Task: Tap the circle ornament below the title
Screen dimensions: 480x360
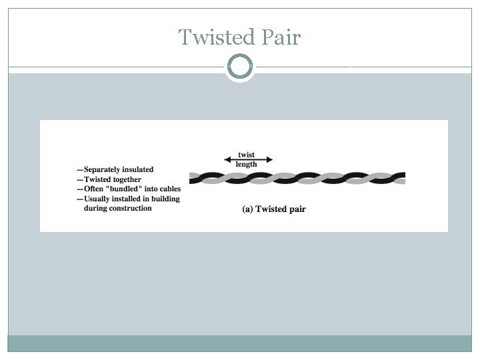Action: (240, 67)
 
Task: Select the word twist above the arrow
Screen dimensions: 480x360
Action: (247, 155)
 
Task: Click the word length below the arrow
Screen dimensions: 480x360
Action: (247, 165)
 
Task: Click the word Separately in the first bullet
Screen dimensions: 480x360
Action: (102, 170)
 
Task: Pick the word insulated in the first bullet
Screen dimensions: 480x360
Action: (138, 170)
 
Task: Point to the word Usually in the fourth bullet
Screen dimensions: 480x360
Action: (98, 199)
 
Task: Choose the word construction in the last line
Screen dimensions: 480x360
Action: (129, 208)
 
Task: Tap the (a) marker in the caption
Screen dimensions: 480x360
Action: (247, 209)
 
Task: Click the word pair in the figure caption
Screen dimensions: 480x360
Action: (296, 209)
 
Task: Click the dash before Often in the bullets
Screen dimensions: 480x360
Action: (79, 189)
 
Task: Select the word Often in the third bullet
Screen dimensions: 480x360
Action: (95, 189)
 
